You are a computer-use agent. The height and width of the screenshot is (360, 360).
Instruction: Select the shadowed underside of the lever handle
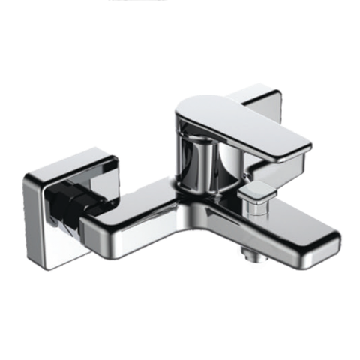247,150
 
